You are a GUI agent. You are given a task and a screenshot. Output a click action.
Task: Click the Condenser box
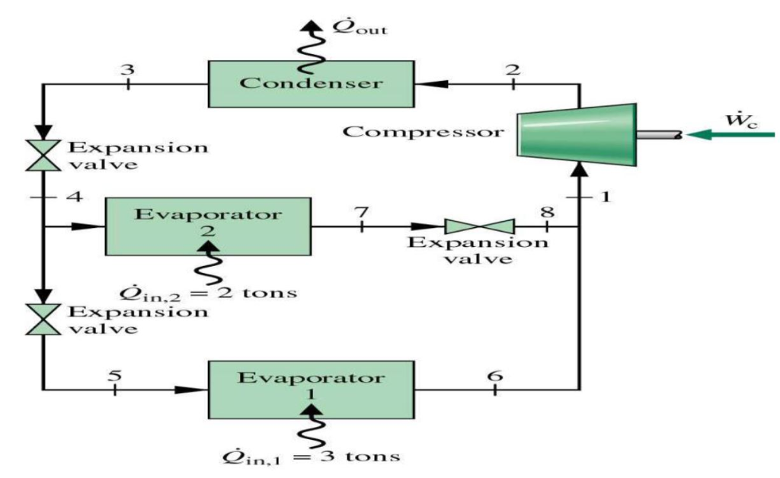tap(312, 83)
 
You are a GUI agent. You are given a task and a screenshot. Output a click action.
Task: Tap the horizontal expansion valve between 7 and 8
tap(479, 226)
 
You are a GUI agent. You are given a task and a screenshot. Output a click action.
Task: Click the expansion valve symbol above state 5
tap(45, 320)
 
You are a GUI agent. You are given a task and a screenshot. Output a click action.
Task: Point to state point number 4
tap(74, 197)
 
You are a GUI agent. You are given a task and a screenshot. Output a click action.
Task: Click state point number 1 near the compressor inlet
tap(606, 197)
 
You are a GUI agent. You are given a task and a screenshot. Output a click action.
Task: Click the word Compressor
tap(424, 131)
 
